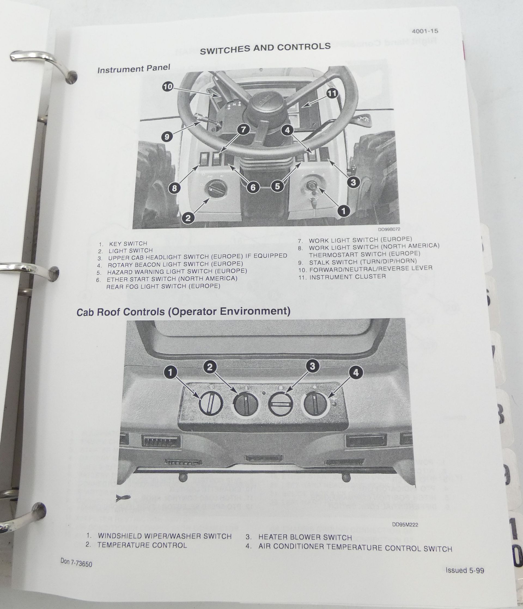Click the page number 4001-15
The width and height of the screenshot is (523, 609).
425,31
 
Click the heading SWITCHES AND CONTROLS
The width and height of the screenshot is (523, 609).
265,49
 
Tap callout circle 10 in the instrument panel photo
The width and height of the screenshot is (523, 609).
168,87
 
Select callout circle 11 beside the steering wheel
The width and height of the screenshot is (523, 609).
332,93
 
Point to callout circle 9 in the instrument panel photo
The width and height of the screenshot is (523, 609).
167,137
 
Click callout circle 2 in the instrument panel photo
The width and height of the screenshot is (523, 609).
188,218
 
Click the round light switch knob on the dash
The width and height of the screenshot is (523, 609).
216,190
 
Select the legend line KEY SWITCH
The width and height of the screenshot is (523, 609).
128,244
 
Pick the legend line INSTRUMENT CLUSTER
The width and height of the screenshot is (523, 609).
347,277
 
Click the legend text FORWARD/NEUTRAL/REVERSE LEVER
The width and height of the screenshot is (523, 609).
371,269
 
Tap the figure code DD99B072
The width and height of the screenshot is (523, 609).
389,229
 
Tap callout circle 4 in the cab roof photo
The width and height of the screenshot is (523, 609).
356,373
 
